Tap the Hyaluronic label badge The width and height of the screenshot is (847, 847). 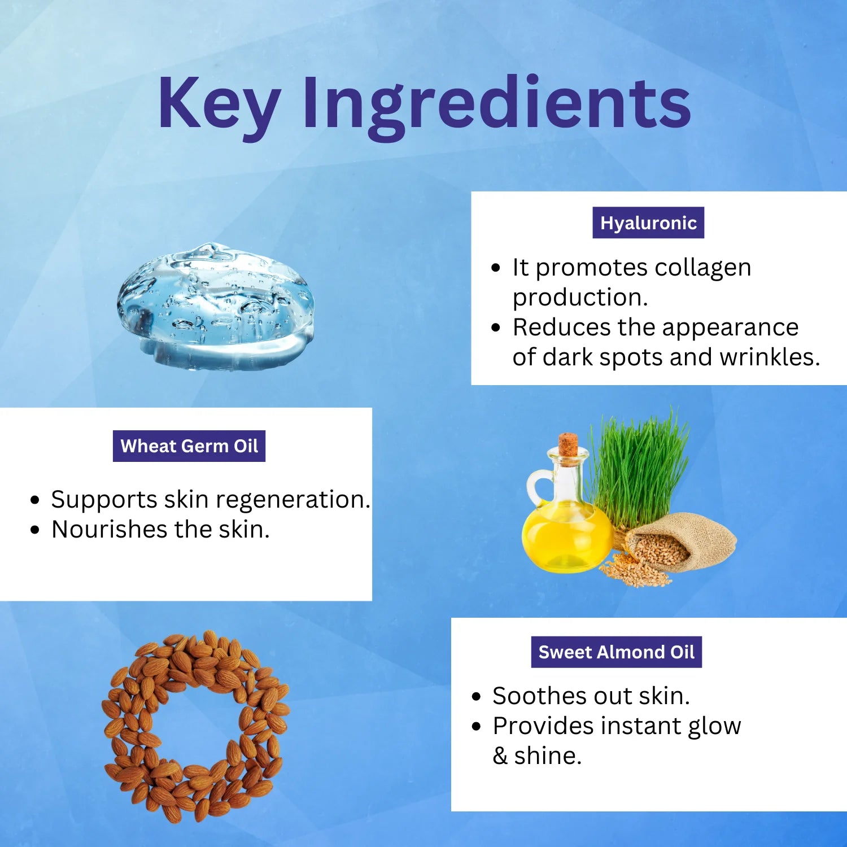click(648, 222)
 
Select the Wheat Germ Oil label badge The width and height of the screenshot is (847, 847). click(189, 446)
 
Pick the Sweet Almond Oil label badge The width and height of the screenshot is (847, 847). click(617, 652)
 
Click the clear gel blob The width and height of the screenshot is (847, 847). click(215, 307)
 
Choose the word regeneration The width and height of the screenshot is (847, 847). click(293, 500)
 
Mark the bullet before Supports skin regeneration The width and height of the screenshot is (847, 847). click(36, 500)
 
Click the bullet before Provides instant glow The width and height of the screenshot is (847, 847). click(477, 726)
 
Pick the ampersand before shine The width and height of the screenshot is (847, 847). click(500, 756)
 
